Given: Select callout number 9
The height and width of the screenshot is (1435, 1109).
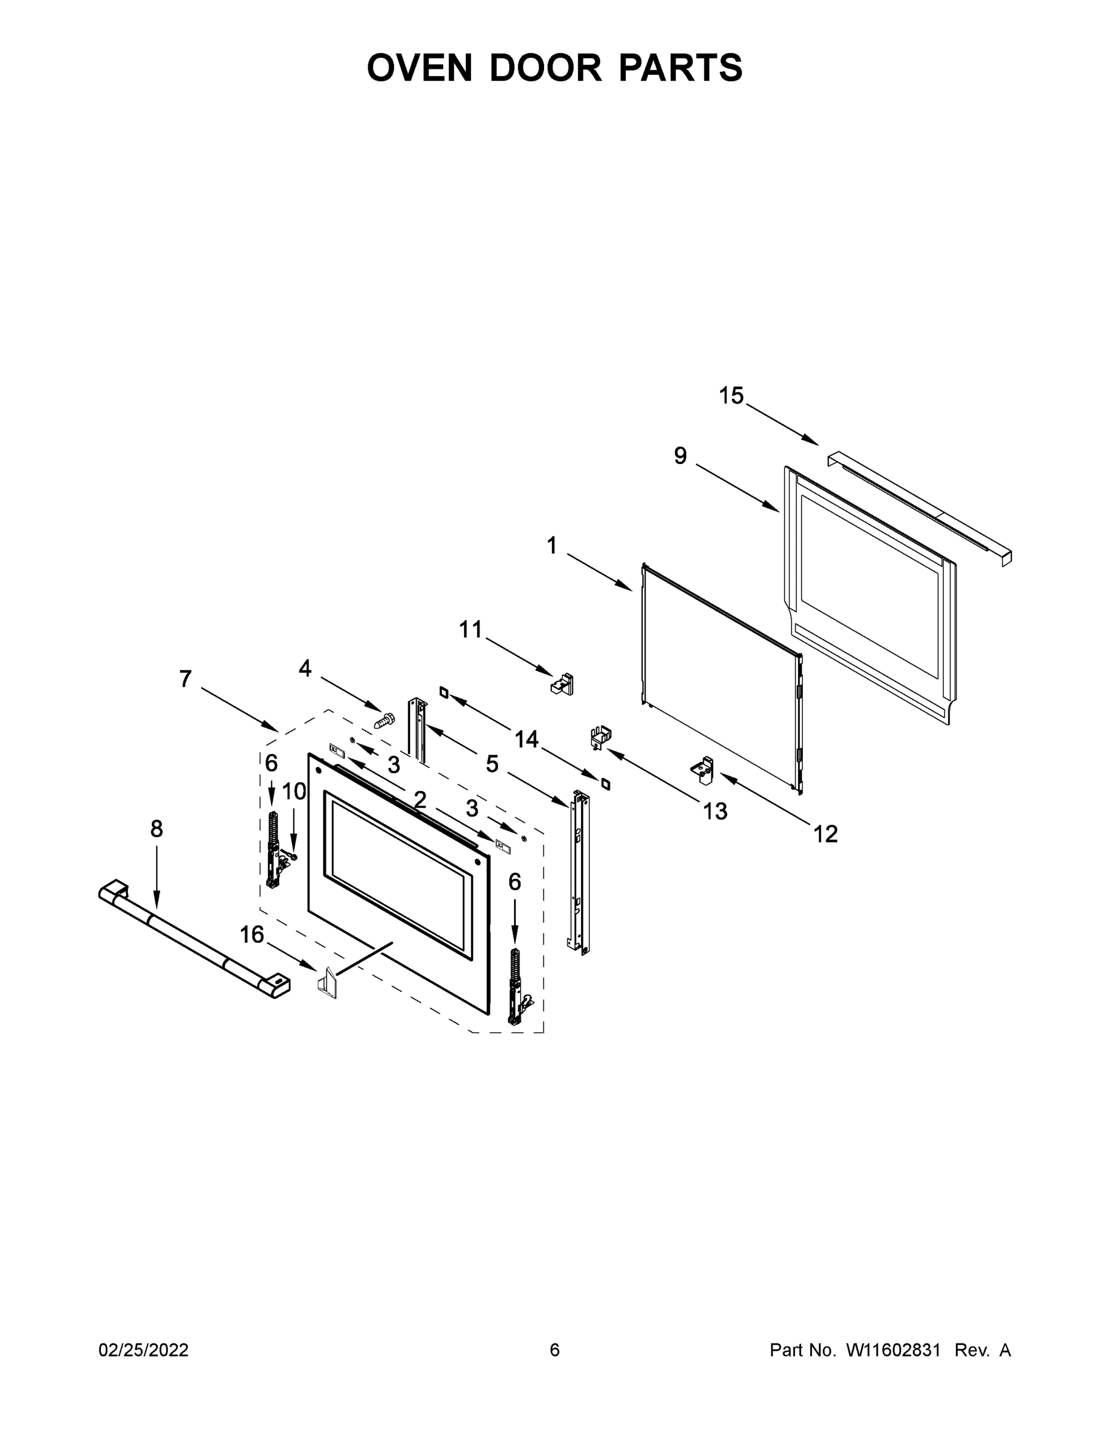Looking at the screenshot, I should click(x=680, y=456).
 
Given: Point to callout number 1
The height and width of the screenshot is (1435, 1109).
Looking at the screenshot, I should click(x=551, y=545).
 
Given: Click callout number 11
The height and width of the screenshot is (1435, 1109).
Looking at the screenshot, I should click(x=471, y=630).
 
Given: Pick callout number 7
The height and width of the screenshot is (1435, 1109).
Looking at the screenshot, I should click(x=185, y=679).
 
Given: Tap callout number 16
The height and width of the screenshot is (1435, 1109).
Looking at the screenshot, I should click(x=252, y=934).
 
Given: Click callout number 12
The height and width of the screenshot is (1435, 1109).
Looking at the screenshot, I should click(x=825, y=835).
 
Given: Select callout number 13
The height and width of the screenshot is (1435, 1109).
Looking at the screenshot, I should click(x=715, y=811).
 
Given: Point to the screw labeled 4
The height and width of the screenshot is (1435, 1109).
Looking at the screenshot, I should click(x=384, y=719).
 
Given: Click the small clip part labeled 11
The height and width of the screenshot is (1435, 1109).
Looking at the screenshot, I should click(x=563, y=683).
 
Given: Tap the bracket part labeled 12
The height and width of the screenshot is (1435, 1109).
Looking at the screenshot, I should click(x=703, y=770).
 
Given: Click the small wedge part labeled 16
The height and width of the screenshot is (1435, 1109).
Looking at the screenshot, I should click(x=327, y=983).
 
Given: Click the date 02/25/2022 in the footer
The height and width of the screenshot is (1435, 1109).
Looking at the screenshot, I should click(x=143, y=1349).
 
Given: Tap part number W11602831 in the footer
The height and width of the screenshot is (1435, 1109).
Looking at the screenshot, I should click(x=894, y=1349).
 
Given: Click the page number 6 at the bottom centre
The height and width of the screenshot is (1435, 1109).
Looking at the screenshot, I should click(x=555, y=1349).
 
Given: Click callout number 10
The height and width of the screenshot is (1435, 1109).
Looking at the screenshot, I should click(x=294, y=791).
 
